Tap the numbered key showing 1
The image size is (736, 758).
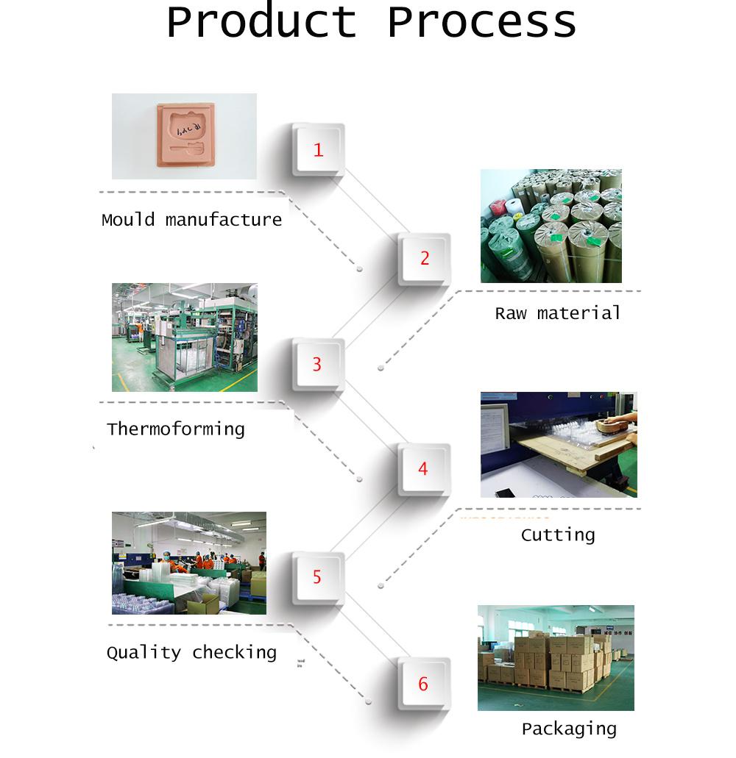(x=318, y=150)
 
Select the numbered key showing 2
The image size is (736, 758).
(x=424, y=258)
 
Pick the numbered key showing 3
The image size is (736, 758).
(x=317, y=364)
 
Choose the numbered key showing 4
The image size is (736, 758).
(x=423, y=468)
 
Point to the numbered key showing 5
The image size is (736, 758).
(x=317, y=576)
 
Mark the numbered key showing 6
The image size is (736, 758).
(x=423, y=684)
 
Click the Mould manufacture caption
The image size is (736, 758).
(x=191, y=220)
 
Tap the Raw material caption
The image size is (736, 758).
(x=558, y=313)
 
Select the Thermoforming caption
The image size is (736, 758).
(x=175, y=429)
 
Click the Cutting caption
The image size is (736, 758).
(x=558, y=534)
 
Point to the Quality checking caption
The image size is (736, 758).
(x=191, y=652)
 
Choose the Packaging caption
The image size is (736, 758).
(x=569, y=729)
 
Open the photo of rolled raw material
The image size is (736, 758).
(x=551, y=226)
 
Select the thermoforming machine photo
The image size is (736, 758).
(x=184, y=337)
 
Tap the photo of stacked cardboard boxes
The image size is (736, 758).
(x=555, y=657)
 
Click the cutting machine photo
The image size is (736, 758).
(x=559, y=444)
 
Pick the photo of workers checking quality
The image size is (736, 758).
(x=188, y=562)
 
